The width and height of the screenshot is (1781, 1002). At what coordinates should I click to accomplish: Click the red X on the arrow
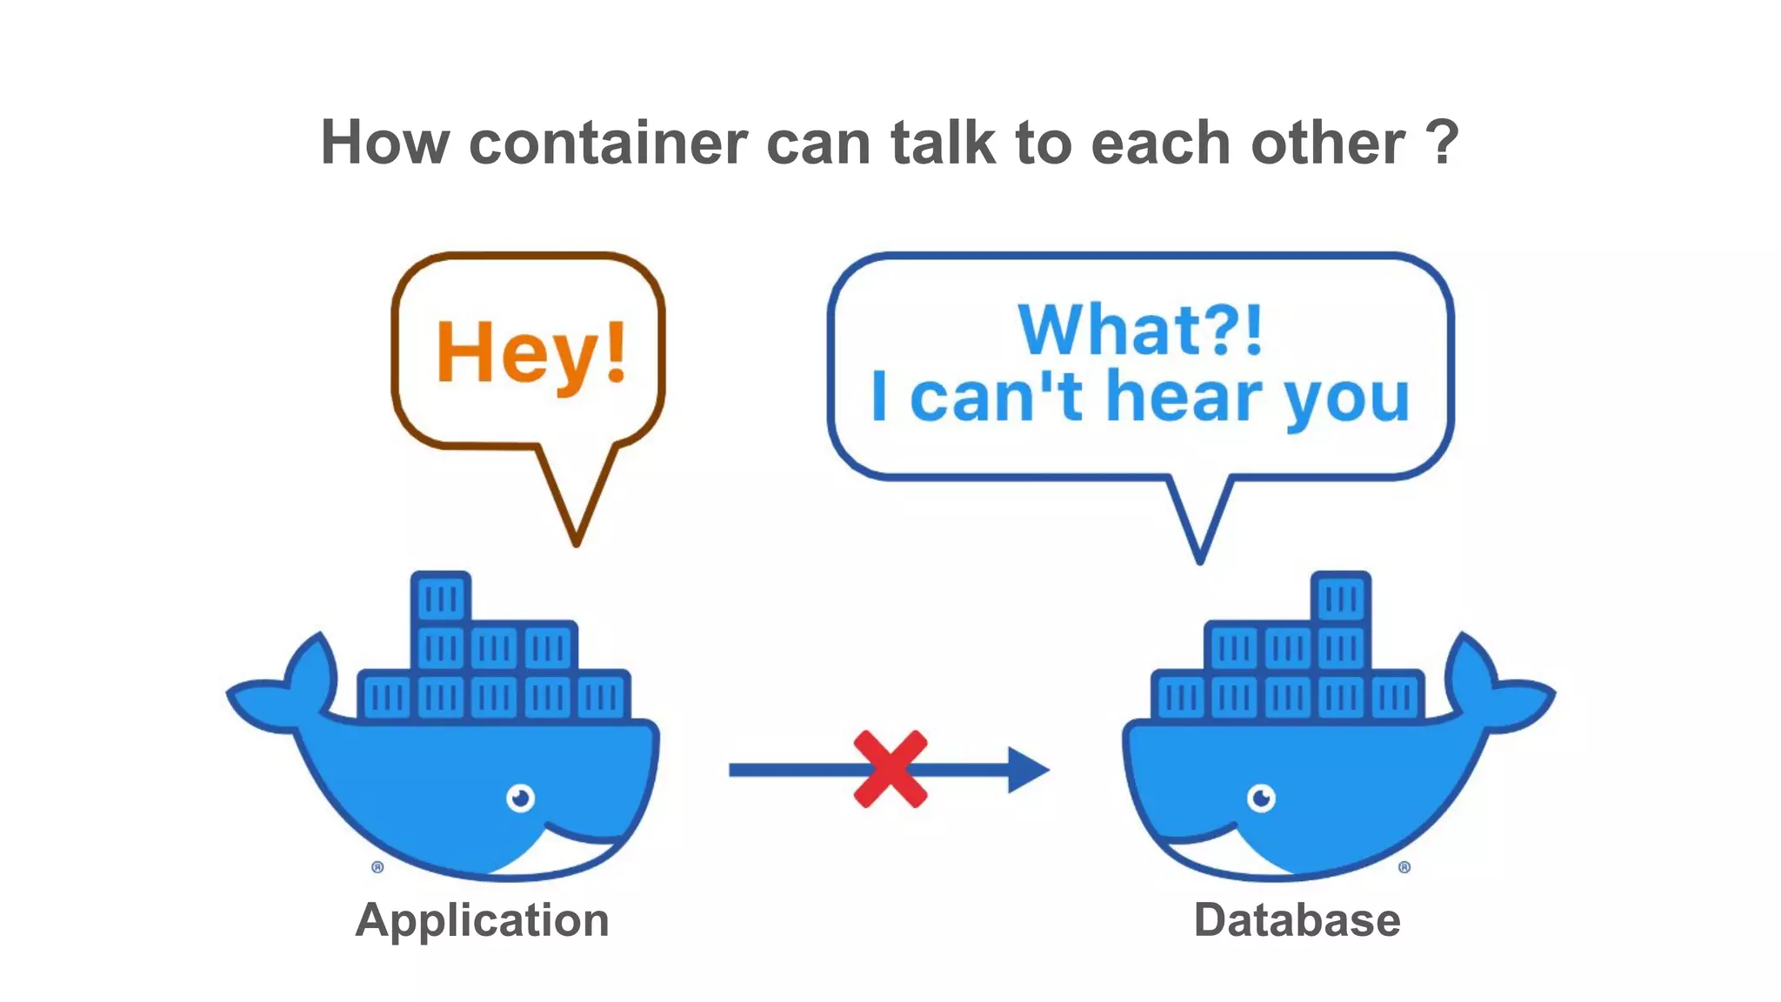click(x=890, y=769)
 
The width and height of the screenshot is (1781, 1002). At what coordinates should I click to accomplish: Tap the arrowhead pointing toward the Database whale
click(x=1027, y=770)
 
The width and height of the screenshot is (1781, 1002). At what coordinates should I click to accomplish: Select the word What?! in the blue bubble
click(x=1140, y=330)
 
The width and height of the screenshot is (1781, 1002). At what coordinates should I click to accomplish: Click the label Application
click(x=482, y=920)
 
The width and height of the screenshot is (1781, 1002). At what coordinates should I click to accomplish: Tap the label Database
click(x=1297, y=920)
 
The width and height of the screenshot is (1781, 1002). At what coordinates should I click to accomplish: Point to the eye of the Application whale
click(x=520, y=797)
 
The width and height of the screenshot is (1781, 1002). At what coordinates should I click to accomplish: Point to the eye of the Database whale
click(x=1261, y=797)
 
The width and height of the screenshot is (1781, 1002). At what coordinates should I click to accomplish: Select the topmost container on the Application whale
click(x=441, y=598)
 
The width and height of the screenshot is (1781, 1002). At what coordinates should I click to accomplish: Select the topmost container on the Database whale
click(x=1340, y=598)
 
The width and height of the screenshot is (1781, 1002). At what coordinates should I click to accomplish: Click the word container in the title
click(x=608, y=143)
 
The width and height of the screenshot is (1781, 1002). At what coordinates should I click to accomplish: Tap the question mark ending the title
click(x=1442, y=143)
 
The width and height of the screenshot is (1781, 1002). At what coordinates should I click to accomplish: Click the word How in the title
click(x=384, y=143)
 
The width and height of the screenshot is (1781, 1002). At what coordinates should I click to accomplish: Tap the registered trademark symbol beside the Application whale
click(x=377, y=867)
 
